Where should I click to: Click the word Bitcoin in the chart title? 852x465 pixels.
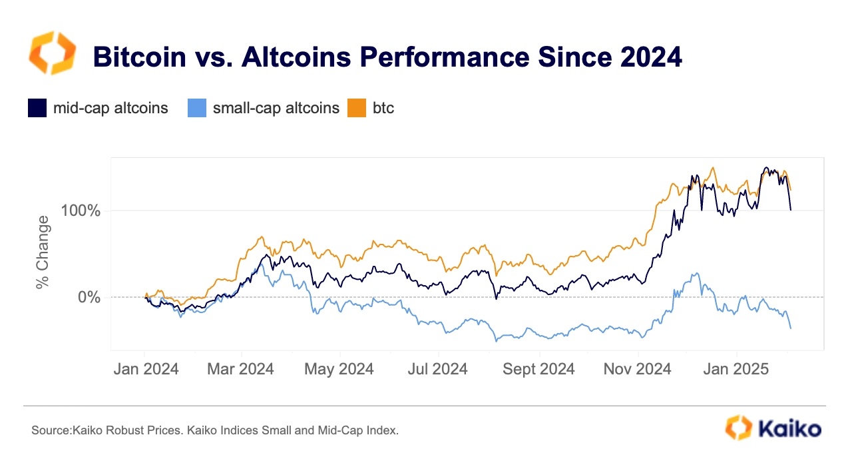(139, 57)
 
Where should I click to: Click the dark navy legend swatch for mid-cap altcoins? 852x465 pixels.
(37, 108)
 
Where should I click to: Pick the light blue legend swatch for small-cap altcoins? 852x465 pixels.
(196, 108)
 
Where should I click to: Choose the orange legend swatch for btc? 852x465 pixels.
(356, 108)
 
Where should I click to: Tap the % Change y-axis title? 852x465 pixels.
(43, 252)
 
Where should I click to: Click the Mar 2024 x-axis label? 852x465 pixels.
(240, 369)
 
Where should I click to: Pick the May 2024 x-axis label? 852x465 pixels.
(339, 369)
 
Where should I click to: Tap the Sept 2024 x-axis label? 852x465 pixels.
(538, 369)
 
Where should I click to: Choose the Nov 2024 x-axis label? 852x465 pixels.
(637, 369)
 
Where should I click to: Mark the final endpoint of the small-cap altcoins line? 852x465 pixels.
(791, 328)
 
